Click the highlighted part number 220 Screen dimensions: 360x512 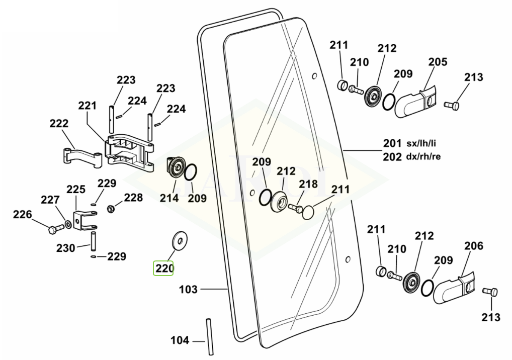tap(164, 268)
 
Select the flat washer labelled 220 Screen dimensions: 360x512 tap(179, 240)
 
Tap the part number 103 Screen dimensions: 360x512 tap(189, 289)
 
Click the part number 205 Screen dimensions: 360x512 tap(438, 62)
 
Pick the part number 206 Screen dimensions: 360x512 tap(473, 246)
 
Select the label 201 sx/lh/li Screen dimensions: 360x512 tap(411, 144)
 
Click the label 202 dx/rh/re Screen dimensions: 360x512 tap(411, 156)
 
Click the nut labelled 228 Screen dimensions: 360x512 tap(110, 207)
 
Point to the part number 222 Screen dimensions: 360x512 tap(59, 123)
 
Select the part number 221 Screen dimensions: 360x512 tap(87, 106)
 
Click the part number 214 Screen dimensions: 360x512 tap(169, 198)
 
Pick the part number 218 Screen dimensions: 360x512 tap(308, 184)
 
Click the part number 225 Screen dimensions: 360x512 tap(76, 190)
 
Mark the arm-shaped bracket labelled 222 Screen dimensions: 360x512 tap(80, 154)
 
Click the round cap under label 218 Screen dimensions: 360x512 tap(308, 212)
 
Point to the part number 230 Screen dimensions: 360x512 tap(66, 248)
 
